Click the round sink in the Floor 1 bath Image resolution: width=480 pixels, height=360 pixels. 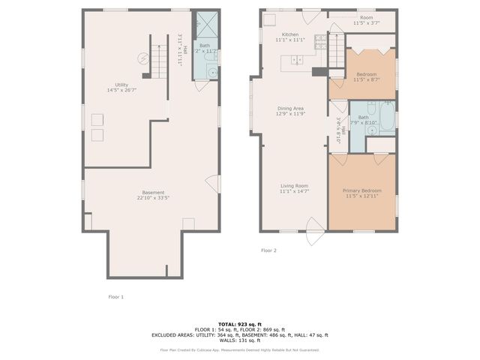[x=211, y=73]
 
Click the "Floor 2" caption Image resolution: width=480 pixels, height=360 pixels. [x=268, y=250]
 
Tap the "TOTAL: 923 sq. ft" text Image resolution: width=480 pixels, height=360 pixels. [x=239, y=323]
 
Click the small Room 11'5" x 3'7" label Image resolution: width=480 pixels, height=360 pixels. [x=366, y=20]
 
